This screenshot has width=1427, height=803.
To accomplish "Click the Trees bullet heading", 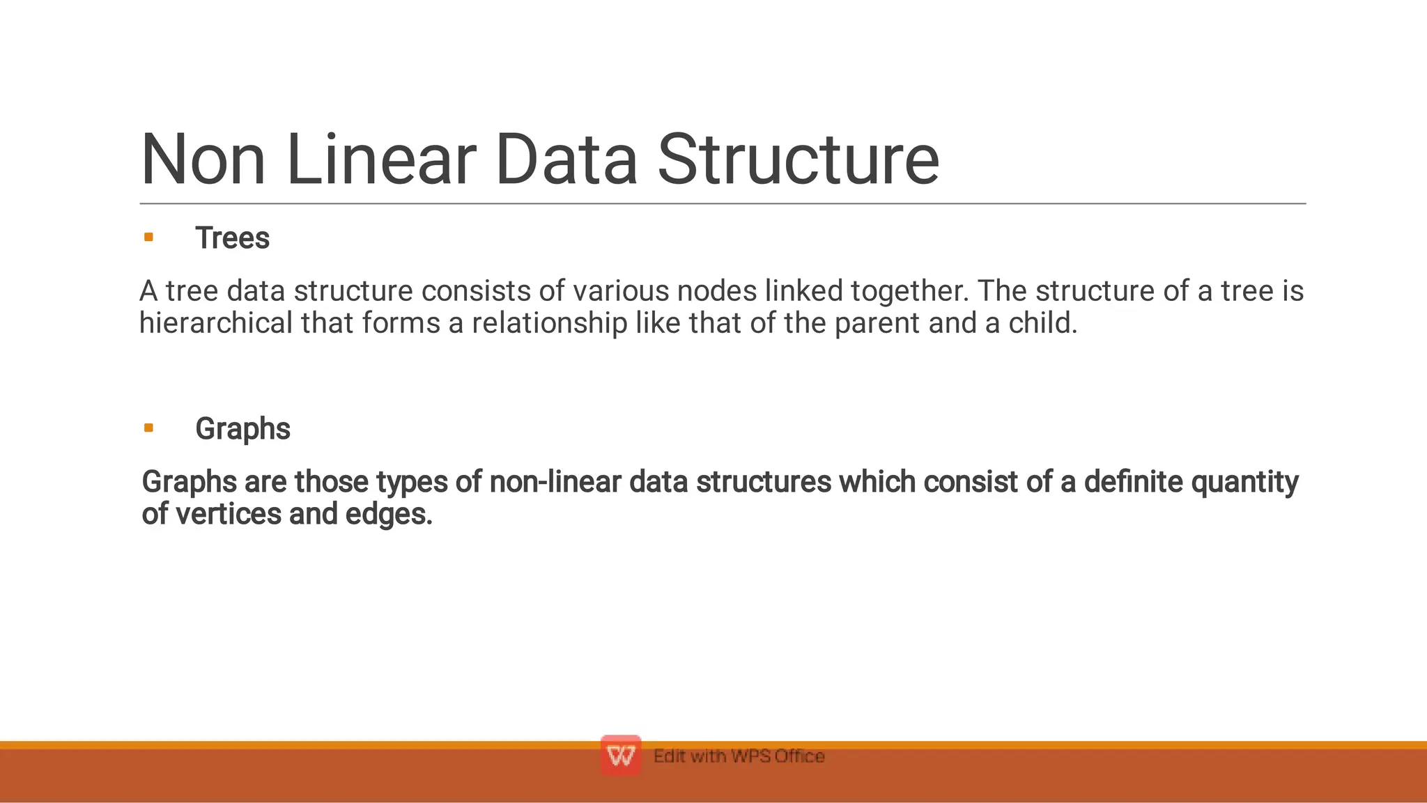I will pyautogui.click(x=232, y=238).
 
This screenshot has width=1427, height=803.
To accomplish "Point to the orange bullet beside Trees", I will pyautogui.click(x=148, y=237).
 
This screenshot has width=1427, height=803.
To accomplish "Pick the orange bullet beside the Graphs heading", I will pyautogui.click(x=148, y=428).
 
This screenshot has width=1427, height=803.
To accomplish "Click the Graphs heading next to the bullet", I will pyautogui.click(x=242, y=429).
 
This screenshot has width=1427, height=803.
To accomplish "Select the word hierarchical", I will pyautogui.click(x=216, y=323).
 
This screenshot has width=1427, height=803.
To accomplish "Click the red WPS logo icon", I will pyautogui.click(x=620, y=756).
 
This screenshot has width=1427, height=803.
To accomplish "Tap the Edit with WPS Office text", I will pyautogui.click(x=739, y=756).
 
